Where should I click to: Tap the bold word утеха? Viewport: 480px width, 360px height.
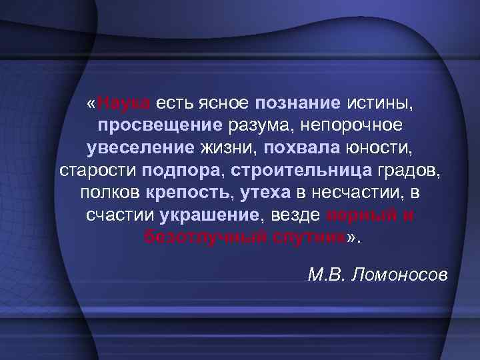coord(265,193)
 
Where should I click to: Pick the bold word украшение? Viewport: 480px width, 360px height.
coord(209,216)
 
